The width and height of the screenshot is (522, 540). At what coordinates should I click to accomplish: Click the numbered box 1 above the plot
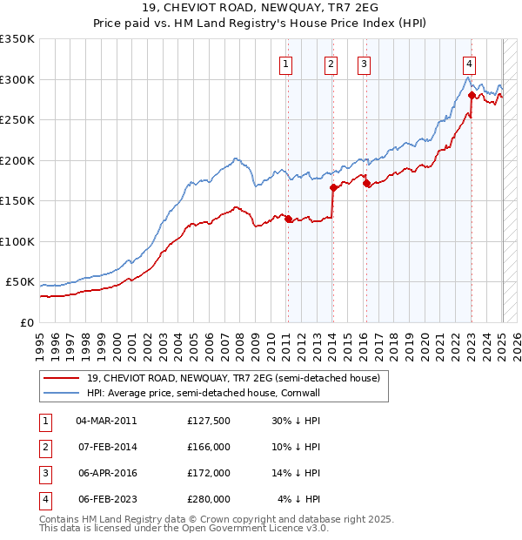point(286,62)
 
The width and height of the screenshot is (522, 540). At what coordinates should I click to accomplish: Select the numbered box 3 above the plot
point(363,62)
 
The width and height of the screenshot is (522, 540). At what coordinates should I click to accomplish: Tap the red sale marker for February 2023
point(471,95)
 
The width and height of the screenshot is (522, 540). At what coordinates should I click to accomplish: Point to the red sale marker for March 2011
point(288,219)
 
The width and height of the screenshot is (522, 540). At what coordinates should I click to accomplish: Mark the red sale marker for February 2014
point(333,187)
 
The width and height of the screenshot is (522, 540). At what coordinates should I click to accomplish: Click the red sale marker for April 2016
point(366,183)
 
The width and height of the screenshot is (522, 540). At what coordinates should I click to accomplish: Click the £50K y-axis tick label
point(20,282)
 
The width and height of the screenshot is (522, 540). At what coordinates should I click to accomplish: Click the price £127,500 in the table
point(209,421)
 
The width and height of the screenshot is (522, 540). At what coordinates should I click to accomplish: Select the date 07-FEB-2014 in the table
point(107,447)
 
